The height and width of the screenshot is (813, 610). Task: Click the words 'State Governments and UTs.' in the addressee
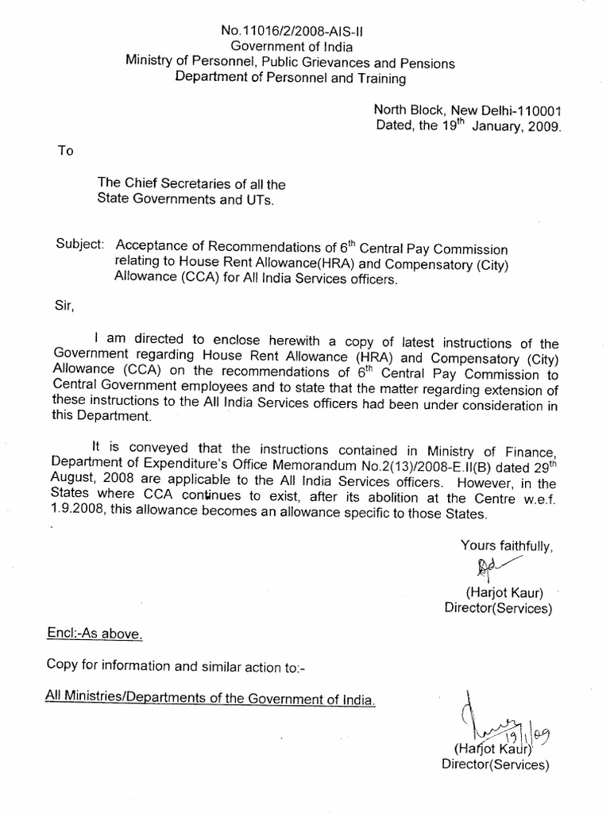coord(186,201)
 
